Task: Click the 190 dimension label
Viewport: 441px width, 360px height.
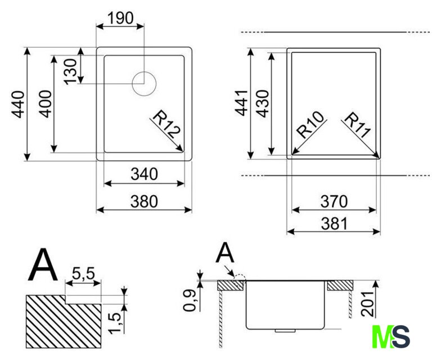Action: pos(120,18)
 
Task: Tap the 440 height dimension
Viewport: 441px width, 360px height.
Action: pos(18,104)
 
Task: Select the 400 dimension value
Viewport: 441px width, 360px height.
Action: pos(45,103)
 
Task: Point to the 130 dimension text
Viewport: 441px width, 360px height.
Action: pos(70,71)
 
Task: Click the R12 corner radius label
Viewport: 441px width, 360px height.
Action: pos(166,124)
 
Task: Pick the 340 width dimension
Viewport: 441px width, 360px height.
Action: pos(144,174)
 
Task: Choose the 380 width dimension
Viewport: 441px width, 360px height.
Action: pos(144,201)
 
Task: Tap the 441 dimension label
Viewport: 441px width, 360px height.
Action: pos(241,103)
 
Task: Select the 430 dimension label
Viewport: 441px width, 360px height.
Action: pos(263,103)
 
